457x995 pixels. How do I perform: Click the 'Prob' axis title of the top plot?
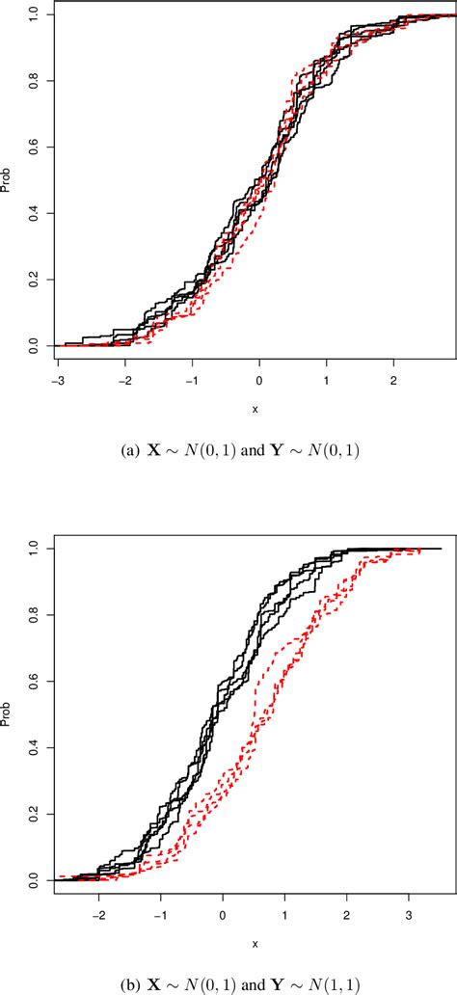point(8,180)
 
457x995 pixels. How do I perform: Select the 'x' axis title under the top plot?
point(255,409)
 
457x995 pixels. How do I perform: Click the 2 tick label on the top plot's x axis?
point(393,381)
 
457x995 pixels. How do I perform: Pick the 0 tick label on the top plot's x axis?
point(259,381)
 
